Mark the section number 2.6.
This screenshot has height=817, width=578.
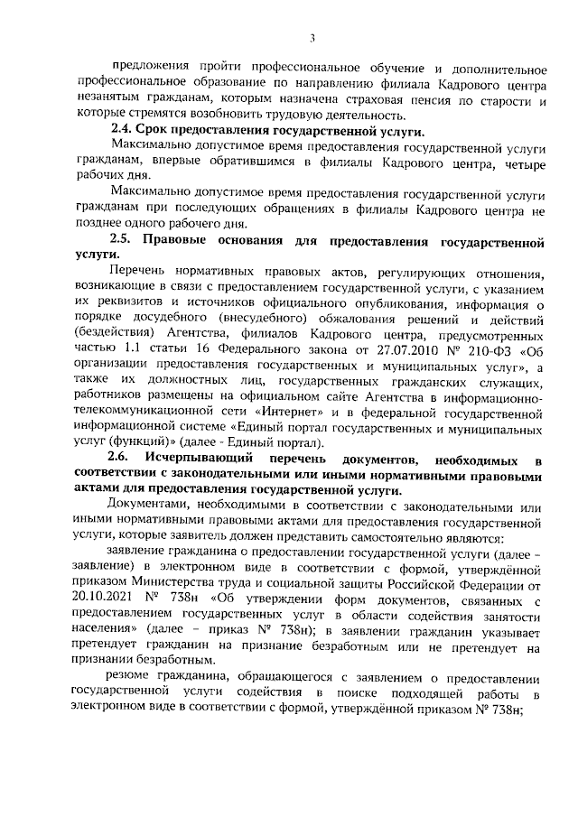click(119, 461)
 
